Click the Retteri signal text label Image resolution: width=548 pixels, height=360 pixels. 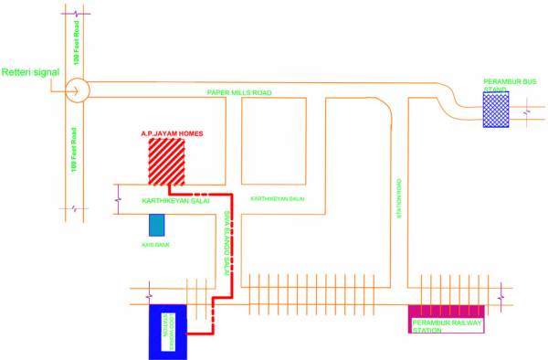pos(32,72)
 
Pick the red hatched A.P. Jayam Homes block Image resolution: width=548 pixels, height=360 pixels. pos(167,164)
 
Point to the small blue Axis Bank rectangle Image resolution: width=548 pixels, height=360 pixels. pos(157,226)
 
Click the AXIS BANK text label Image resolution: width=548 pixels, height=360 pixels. pos(157,246)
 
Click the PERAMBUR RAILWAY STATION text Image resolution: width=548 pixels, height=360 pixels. pos(448,326)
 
